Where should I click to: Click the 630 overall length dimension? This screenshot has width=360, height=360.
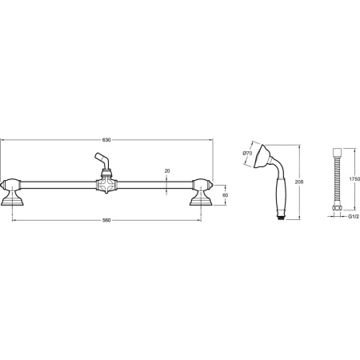106,140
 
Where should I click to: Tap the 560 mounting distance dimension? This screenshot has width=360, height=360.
106,220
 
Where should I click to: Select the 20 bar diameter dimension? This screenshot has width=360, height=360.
167,171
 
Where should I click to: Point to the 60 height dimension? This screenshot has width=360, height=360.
225,195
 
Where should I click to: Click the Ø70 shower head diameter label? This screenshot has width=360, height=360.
247,153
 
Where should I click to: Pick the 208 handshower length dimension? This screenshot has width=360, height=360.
299,182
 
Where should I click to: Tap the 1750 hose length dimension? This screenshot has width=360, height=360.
354,179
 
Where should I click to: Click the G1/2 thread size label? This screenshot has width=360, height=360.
353,216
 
